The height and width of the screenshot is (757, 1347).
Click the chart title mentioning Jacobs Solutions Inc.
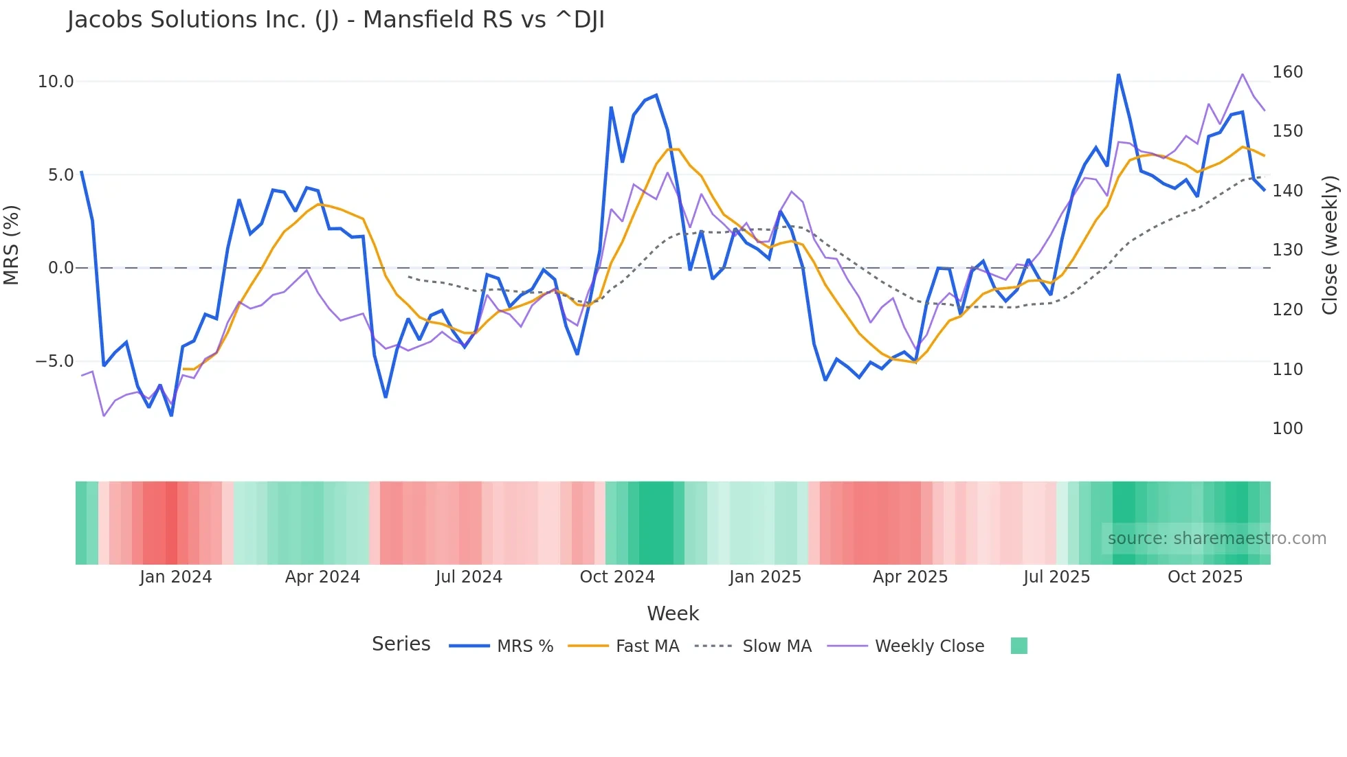335,20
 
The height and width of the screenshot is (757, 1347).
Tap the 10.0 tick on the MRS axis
55,82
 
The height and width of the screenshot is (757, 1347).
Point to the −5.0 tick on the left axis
54,361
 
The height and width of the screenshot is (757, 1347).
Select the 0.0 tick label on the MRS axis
60,268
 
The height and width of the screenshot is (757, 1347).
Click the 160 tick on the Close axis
1287,72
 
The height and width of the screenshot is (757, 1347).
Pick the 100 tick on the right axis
1287,429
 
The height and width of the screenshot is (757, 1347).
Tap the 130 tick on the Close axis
1287,250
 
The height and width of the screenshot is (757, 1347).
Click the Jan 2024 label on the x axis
175,577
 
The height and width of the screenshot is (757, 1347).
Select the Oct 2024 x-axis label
617,577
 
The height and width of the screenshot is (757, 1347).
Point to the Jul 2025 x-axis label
1056,577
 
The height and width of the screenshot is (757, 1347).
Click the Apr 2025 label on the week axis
910,577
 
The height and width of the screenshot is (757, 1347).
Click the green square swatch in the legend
1018,646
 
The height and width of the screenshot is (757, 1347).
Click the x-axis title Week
673,613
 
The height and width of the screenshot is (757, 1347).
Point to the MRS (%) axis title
12,245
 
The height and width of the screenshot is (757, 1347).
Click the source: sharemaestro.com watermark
1216,539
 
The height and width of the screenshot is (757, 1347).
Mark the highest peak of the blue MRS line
1118,75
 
